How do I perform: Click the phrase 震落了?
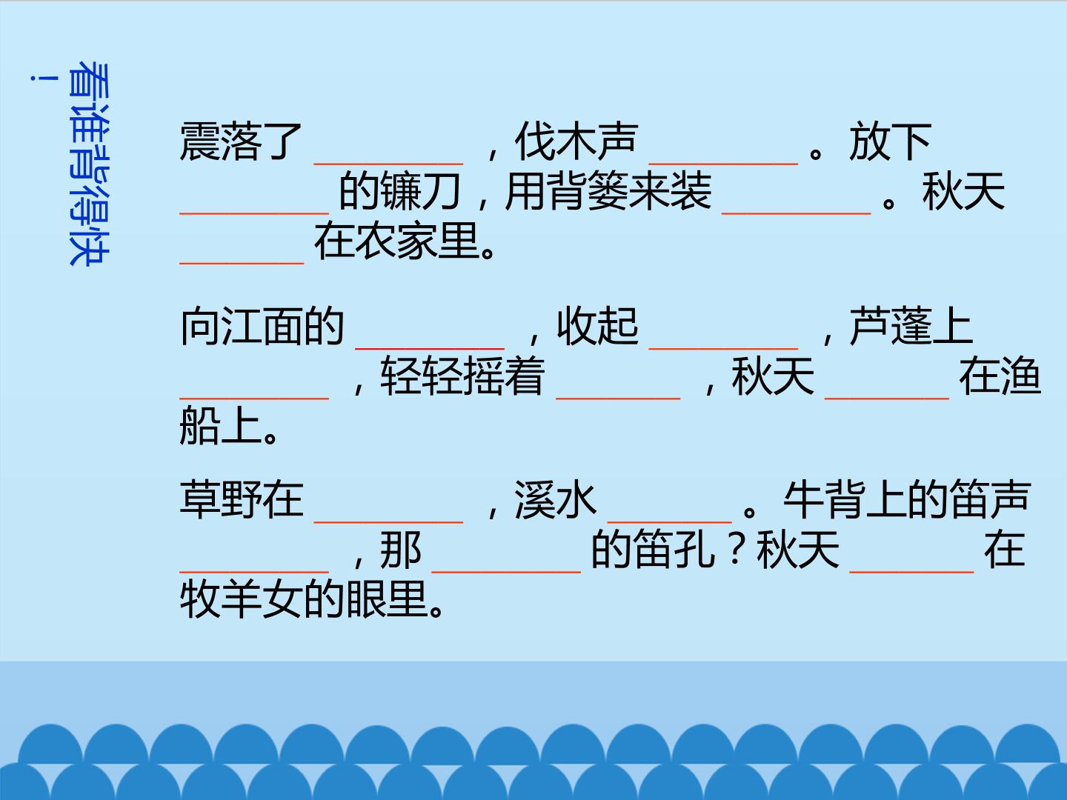(x=241, y=141)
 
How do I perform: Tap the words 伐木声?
(x=576, y=141)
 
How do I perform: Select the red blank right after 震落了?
(x=388, y=164)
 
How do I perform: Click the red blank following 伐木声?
(x=723, y=164)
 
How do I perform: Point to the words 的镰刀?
(x=399, y=191)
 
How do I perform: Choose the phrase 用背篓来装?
(x=608, y=191)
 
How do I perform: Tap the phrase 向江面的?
(x=262, y=326)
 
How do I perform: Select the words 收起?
(x=597, y=326)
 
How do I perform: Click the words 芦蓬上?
(x=911, y=326)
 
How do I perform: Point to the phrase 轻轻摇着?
(x=462, y=376)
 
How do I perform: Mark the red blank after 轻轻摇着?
(x=618, y=398)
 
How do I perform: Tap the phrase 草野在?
(x=242, y=499)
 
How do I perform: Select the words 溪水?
(x=556, y=499)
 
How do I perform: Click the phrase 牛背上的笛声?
(x=907, y=499)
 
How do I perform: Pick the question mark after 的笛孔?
(x=734, y=550)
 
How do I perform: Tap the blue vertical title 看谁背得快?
(x=89, y=164)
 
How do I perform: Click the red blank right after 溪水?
(x=670, y=521)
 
